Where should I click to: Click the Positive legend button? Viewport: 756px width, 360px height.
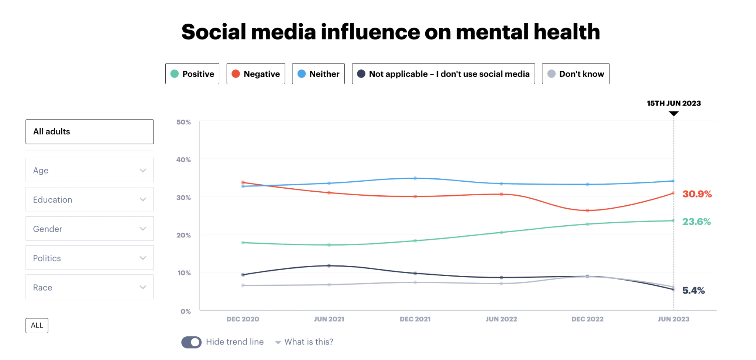pyautogui.click(x=192, y=74)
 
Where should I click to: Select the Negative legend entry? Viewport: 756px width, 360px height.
pyautogui.click(x=255, y=74)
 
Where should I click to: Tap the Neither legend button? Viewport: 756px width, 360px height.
pyautogui.click(x=318, y=74)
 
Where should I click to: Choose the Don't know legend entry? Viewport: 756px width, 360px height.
pyautogui.click(x=575, y=74)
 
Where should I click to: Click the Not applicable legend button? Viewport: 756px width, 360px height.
pyautogui.click(x=443, y=74)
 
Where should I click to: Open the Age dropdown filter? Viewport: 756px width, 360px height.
pyautogui.click(x=89, y=170)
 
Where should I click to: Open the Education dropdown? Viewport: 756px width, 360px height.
pyautogui.click(x=89, y=199)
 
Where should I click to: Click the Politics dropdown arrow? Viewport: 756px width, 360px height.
pyautogui.click(x=143, y=258)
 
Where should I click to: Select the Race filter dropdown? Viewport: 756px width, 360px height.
pyautogui.click(x=89, y=287)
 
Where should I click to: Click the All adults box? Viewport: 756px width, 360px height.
pyautogui.click(x=89, y=132)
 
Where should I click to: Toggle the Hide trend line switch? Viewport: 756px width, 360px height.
pyautogui.click(x=191, y=342)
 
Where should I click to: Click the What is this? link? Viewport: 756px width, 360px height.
pyautogui.click(x=308, y=342)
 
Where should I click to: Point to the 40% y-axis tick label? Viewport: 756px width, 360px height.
pyautogui.click(x=183, y=160)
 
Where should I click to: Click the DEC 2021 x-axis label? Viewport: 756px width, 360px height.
pyautogui.click(x=415, y=319)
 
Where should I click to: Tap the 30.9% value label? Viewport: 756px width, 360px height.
pyautogui.click(x=697, y=194)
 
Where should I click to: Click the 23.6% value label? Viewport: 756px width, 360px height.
pyautogui.click(x=696, y=222)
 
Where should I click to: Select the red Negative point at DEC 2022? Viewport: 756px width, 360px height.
pyautogui.click(x=587, y=210)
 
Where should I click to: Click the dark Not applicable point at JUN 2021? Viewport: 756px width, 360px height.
pyautogui.click(x=329, y=265)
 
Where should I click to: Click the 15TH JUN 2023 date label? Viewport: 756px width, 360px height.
pyautogui.click(x=674, y=103)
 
